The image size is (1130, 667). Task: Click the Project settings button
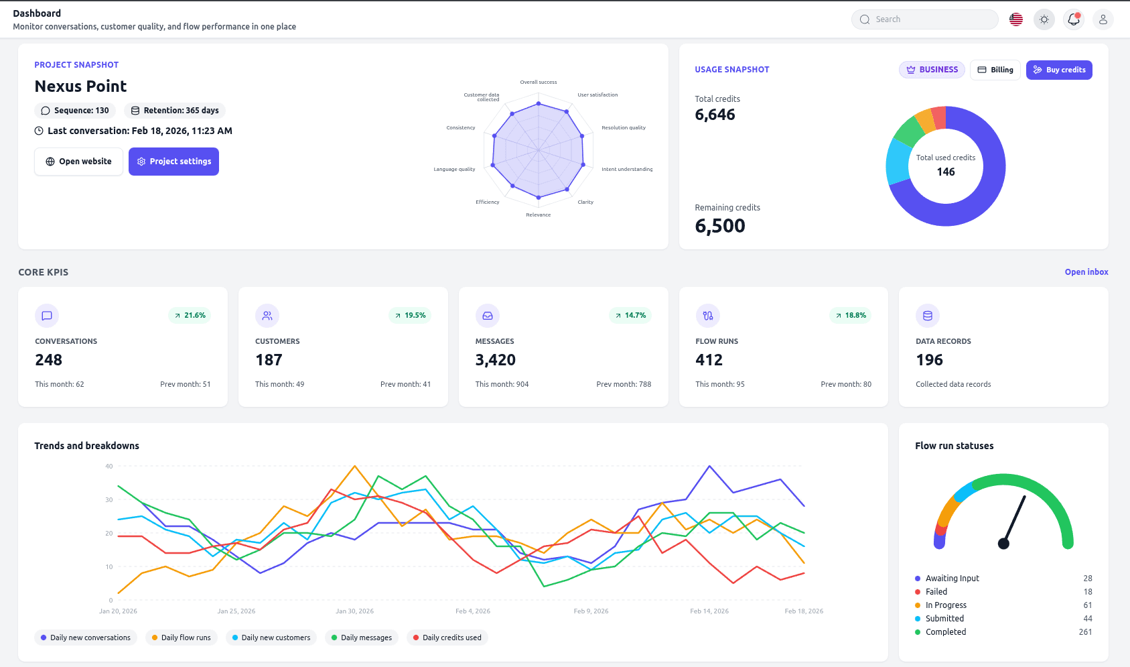point(173,162)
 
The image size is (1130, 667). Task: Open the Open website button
point(78,162)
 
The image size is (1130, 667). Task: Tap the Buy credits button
point(1058,70)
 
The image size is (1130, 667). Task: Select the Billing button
point(995,70)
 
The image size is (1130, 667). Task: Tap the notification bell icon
point(1073,19)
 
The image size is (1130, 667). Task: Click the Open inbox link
point(1086,272)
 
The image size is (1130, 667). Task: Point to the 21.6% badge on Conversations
point(190,315)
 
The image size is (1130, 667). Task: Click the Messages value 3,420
point(495,360)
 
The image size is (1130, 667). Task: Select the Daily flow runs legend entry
point(181,638)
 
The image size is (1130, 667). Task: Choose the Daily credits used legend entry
point(447,638)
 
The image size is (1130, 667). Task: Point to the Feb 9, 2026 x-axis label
point(591,611)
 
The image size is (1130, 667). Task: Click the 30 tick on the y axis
point(109,500)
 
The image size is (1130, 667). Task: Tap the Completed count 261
point(1085,632)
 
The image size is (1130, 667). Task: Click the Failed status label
point(936,592)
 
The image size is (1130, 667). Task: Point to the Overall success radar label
point(538,82)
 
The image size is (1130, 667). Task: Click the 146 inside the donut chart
point(945,172)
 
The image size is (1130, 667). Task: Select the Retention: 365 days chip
point(175,111)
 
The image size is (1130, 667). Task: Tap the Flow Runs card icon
point(707,316)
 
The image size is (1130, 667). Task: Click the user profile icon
point(1103,19)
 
